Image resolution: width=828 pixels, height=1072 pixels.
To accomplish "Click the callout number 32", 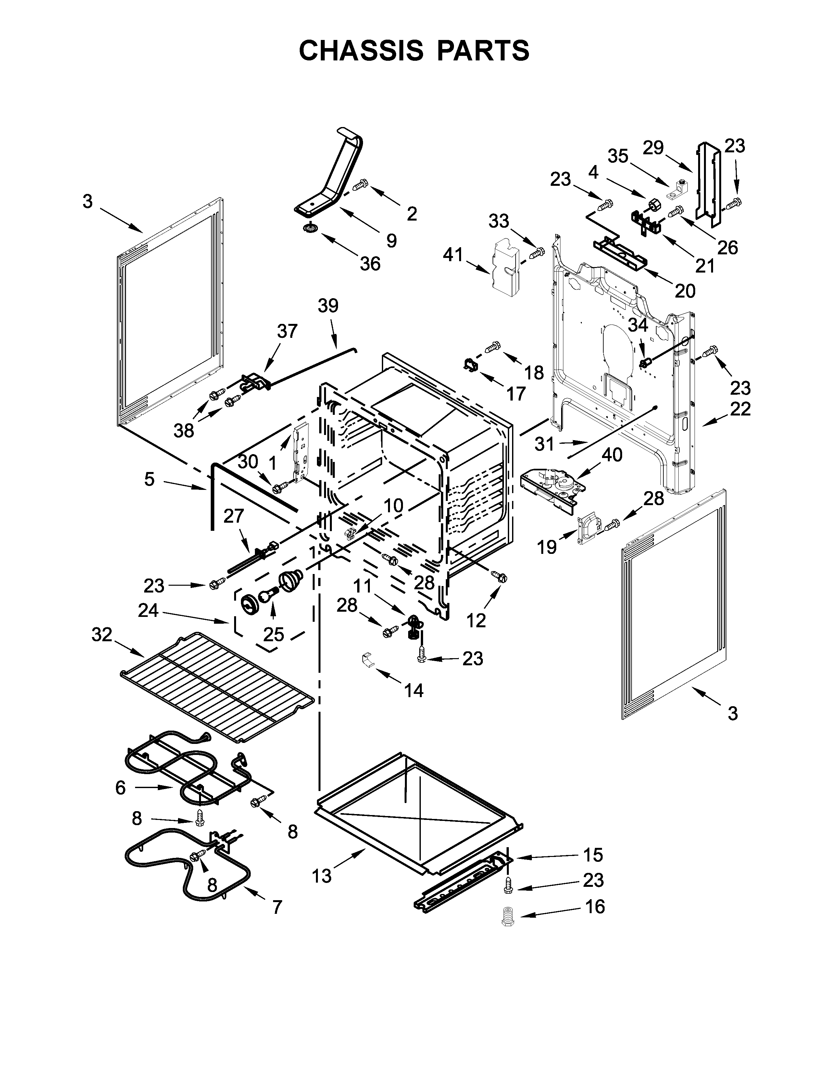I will (x=102, y=635).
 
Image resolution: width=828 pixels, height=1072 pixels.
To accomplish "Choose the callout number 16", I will (x=595, y=907).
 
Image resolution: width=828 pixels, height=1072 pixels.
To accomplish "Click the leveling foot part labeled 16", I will (x=507, y=916).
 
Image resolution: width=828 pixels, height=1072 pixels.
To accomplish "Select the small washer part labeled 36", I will (x=309, y=228).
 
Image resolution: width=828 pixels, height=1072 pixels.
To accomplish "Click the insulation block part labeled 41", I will (x=506, y=267).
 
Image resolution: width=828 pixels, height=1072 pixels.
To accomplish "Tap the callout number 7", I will (x=277, y=907).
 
